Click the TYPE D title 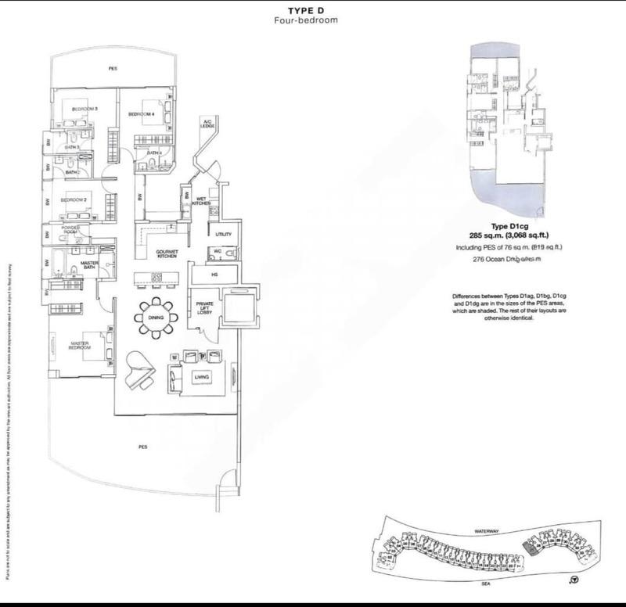tap(311, 9)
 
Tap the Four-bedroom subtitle tap(311, 20)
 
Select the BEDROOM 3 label tap(85, 109)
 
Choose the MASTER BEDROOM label tap(81, 344)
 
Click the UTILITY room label tap(224, 234)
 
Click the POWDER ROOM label tap(70, 230)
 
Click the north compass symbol tap(574, 580)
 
